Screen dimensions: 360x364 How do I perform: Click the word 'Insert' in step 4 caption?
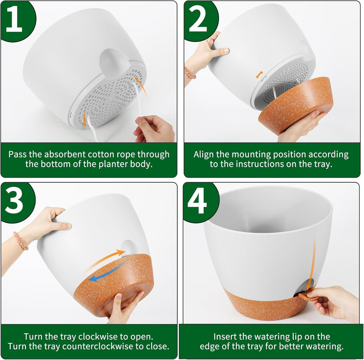coord(224,337)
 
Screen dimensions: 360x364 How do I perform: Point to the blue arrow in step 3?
coord(107,272)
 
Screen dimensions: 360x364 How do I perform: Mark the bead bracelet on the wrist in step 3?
coord(20,241)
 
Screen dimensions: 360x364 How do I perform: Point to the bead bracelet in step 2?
coord(189,73)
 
